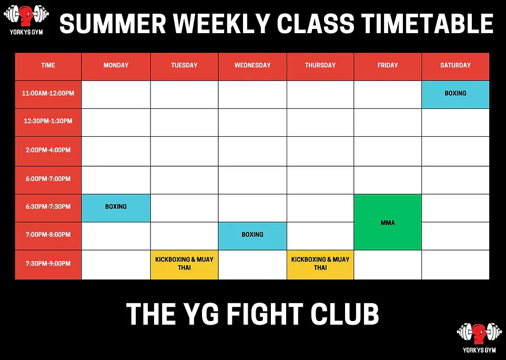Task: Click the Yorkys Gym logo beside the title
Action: click(x=26, y=19)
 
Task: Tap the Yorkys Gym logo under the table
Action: click(x=479, y=337)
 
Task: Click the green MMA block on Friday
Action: click(x=388, y=222)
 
